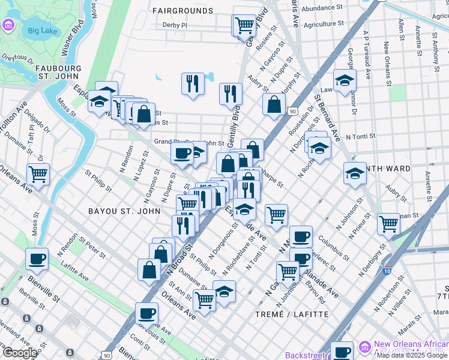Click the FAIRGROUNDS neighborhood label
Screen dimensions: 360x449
[182, 10]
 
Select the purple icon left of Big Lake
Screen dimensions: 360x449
[8, 25]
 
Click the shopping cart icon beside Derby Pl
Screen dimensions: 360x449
[244, 25]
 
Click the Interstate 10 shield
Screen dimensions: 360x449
[387, 271]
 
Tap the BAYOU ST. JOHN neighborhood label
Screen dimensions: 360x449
[124, 211]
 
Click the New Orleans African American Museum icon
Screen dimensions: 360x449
[364, 347]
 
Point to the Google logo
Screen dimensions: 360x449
[20, 353]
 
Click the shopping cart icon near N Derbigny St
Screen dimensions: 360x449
[388, 224]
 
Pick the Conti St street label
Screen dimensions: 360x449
[139, 344]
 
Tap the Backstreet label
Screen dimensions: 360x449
[305, 355]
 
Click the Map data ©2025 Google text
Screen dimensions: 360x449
[411, 355]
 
